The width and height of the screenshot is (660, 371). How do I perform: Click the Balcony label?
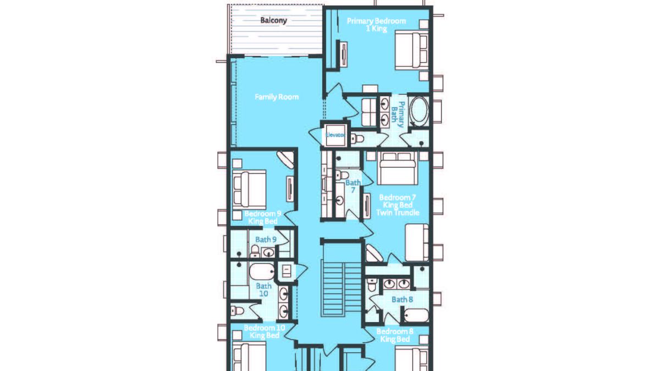click(273, 20)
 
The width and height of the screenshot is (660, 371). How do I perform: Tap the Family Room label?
click(277, 97)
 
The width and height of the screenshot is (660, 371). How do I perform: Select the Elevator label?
click(335, 135)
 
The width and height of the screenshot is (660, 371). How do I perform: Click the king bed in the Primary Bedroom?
click(411, 51)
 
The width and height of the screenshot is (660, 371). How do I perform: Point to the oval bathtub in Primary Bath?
click(419, 110)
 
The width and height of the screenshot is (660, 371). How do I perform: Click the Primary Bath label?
click(397, 114)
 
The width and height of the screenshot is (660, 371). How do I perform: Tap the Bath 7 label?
click(353, 186)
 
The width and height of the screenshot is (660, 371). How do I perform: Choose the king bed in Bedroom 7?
click(398, 168)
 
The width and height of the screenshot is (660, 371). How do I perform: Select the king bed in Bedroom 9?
click(249, 190)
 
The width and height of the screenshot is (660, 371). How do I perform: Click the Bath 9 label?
click(266, 240)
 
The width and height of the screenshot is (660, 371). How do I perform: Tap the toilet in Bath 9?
click(255, 251)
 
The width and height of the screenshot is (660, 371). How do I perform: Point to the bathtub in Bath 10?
click(262, 272)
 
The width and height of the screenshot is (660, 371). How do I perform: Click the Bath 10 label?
click(263, 290)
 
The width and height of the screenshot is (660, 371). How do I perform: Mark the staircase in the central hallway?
click(334, 289)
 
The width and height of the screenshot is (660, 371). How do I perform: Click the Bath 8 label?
click(402, 300)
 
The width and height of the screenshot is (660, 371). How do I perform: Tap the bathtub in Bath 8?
click(416, 315)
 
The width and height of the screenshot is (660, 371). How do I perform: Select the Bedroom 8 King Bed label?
click(395, 335)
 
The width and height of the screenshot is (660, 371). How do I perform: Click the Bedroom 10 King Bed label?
click(265, 331)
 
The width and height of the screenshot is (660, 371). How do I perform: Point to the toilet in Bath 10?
click(237, 311)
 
